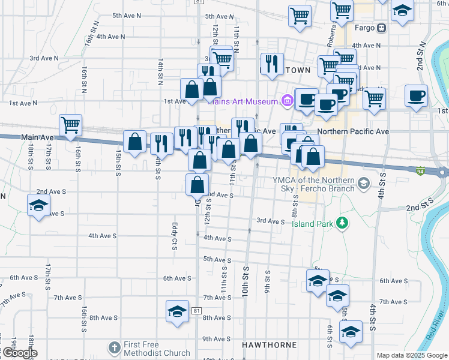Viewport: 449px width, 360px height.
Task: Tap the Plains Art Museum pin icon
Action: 287,101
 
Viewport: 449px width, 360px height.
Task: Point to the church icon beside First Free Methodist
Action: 115,348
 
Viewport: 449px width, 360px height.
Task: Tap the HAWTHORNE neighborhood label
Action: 269,345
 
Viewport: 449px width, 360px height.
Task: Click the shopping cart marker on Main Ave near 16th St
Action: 70,125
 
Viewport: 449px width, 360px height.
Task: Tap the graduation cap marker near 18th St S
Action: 38,205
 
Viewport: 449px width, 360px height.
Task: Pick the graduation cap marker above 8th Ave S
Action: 177,311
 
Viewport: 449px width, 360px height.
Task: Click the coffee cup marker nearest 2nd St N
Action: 416,95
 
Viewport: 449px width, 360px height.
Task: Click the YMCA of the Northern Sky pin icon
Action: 363,182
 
